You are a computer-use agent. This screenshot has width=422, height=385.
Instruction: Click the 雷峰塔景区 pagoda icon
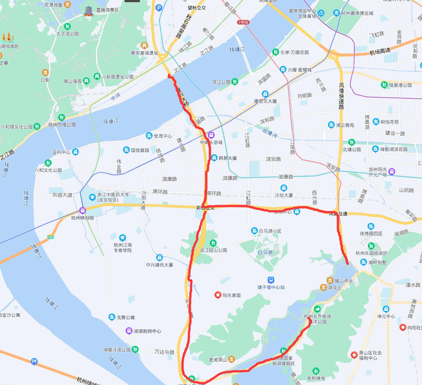[89, 11]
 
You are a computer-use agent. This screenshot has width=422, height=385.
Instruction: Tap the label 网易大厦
[228, 158]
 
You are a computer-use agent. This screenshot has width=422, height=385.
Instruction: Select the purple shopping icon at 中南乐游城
[211, 135]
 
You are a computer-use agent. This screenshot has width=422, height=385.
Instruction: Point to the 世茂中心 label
[163, 136]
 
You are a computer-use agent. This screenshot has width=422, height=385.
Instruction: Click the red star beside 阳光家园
[218, 295]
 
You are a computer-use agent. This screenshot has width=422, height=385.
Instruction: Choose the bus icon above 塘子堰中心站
[271, 280]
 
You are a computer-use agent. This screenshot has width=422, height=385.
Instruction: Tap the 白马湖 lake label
[265, 252]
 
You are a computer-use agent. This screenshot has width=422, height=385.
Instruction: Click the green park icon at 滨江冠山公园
[213, 243]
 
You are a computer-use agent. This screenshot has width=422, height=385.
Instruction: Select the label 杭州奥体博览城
[357, 13]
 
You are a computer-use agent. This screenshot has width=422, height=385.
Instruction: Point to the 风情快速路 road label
[341, 96]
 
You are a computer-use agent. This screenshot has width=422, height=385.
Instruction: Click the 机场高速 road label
[380, 52]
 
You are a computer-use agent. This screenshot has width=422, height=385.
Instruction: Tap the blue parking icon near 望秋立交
[159, 8]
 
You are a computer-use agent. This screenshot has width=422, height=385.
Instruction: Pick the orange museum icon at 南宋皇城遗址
[144, 46]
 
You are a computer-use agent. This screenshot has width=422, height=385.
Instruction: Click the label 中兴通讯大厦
[159, 265]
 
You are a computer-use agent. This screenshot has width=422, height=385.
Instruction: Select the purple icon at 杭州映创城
[82, 210]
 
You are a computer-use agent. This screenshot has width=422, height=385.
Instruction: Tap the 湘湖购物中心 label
[147, 331]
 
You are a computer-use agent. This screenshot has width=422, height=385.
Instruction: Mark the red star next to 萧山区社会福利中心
[354, 355]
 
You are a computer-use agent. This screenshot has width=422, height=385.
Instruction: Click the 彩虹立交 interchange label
[205, 208]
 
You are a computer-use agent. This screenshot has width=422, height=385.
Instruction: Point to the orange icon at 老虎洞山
[232, 360]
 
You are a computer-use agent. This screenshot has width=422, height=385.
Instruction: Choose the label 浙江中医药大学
[113, 194]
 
